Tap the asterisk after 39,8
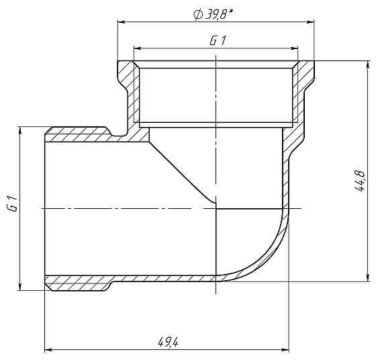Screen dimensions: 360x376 click(232, 9)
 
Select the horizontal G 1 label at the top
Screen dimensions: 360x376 click(217, 40)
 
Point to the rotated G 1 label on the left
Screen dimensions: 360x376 click(11, 205)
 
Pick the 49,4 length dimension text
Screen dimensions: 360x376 click(167, 342)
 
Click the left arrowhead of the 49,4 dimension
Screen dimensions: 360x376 click(48, 350)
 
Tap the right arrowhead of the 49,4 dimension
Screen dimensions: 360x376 click(287, 350)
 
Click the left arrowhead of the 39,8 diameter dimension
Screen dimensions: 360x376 click(122, 22)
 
